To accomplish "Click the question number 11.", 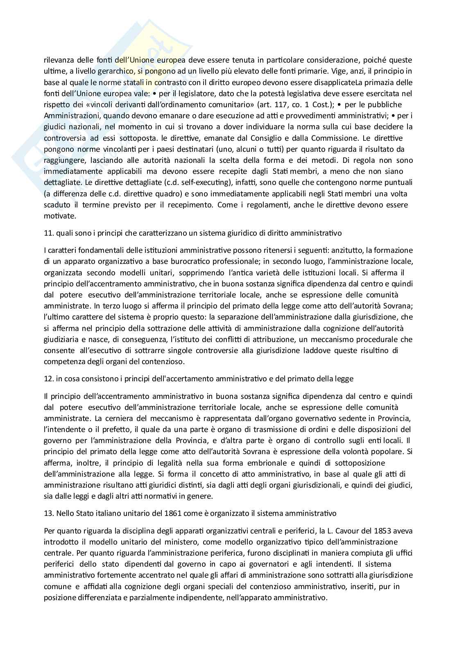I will click(48, 233).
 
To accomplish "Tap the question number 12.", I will click(48, 379).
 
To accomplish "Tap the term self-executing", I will click(169, 182).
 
